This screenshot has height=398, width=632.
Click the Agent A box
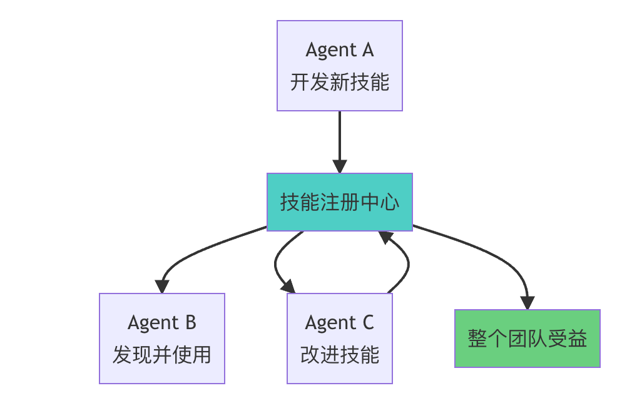pyautogui.click(x=339, y=66)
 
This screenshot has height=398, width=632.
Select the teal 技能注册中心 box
pyautogui.click(x=339, y=202)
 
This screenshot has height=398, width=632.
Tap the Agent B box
pyautogui.click(x=161, y=338)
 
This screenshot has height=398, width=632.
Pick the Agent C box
pyautogui.click(x=339, y=338)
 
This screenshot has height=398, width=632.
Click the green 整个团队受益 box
pyautogui.click(x=527, y=338)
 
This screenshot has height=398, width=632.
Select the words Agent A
pyautogui.click(x=339, y=49)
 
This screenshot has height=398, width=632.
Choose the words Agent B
pyautogui.click(x=161, y=322)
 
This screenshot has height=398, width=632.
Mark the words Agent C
pyautogui.click(x=339, y=322)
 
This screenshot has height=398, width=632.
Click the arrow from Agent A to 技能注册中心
pyautogui.click(x=339, y=138)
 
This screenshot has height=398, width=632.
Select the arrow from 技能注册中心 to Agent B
pyautogui.click(x=200, y=247)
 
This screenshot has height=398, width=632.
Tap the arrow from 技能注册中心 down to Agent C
pyautogui.click(x=276, y=263)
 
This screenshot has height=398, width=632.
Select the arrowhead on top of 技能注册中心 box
pyautogui.click(x=339, y=166)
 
